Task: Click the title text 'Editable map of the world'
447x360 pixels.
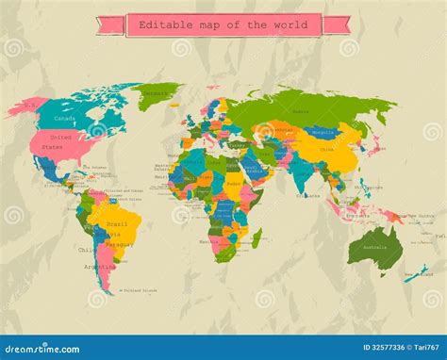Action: point(223,25)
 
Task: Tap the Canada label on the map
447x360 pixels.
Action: point(64,119)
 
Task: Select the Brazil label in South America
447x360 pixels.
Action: point(118,224)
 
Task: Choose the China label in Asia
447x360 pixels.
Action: point(326,149)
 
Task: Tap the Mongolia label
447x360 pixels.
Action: point(323,133)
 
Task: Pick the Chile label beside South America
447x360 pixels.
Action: point(86,251)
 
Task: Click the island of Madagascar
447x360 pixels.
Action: point(257,237)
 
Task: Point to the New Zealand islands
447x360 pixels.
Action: point(416,273)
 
